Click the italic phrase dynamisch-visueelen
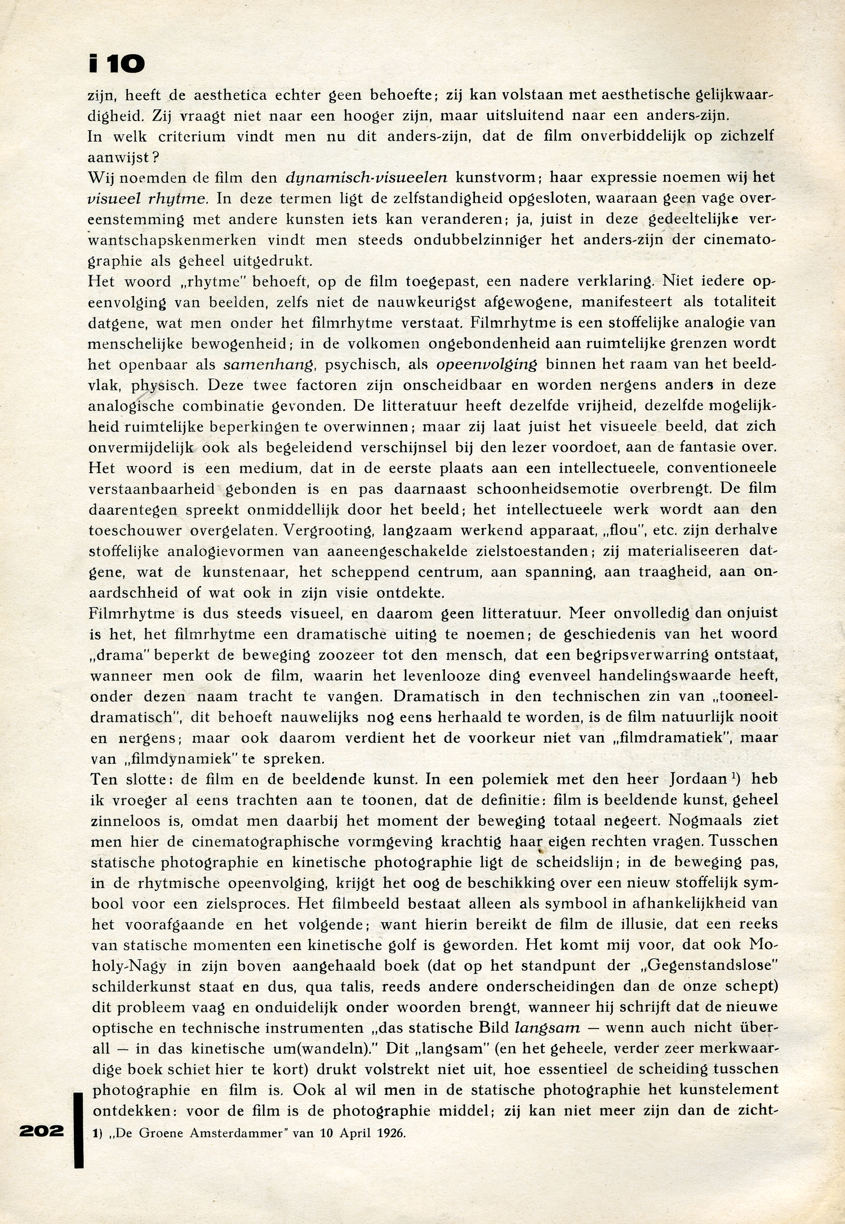366,177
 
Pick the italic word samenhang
268,364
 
